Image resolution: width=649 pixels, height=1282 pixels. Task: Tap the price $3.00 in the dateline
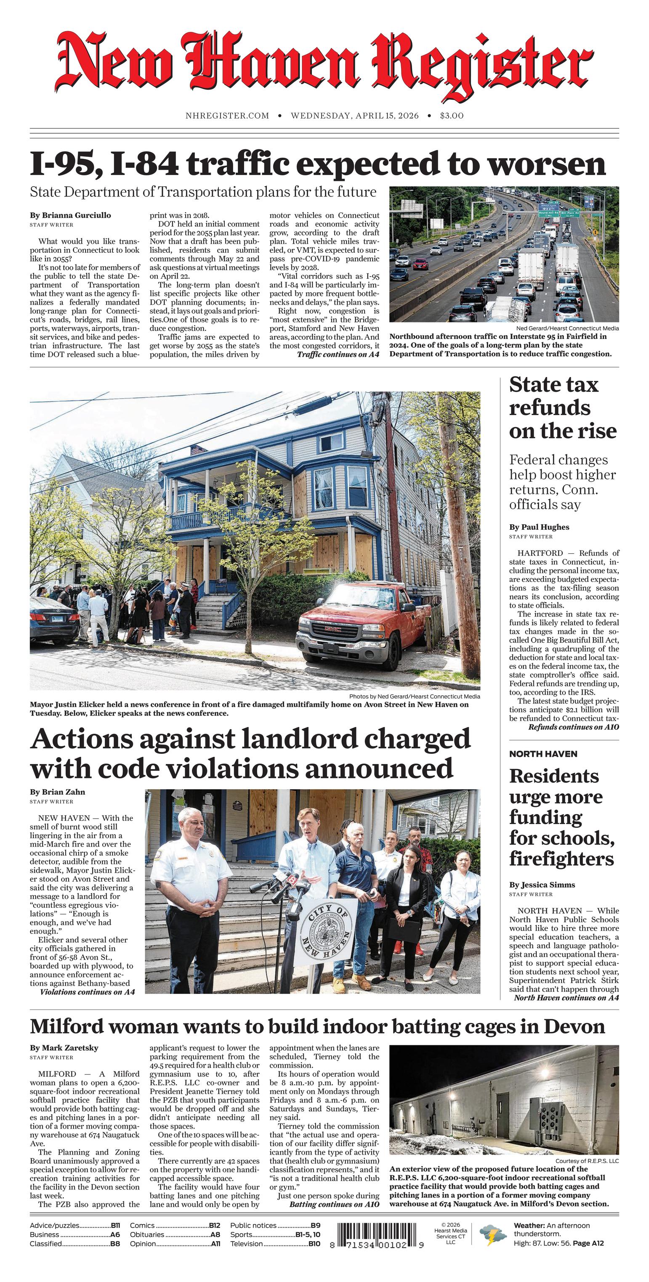pyautogui.click(x=451, y=116)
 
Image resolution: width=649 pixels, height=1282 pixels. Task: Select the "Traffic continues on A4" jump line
pyautogui.click(x=338, y=354)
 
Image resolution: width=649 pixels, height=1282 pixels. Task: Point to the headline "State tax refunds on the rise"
pyautogui.click(x=562, y=407)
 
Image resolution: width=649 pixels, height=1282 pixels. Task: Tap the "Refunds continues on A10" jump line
pyautogui.click(x=573, y=727)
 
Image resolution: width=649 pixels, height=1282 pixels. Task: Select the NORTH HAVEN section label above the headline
pyautogui.click(x=543, y=754)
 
